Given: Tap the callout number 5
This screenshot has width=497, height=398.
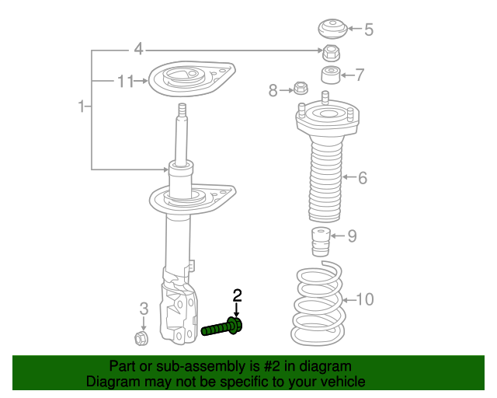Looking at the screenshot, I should pos(369,30).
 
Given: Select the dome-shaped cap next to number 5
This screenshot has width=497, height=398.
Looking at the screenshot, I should pos(332,30).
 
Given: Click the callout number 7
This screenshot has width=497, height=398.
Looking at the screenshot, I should pos(360,75).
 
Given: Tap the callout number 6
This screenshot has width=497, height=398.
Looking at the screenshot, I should pos(362,178).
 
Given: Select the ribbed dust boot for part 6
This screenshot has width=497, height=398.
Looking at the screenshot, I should pos(324,179).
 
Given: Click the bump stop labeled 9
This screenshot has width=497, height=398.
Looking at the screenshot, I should pos(319,241).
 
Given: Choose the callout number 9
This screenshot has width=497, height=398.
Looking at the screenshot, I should pos(352,236).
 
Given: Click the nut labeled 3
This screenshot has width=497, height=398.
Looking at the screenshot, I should pos(142,338).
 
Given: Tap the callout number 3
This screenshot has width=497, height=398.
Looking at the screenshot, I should pos(144,310).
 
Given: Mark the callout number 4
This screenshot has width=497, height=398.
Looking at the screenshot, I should pos(138,50).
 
